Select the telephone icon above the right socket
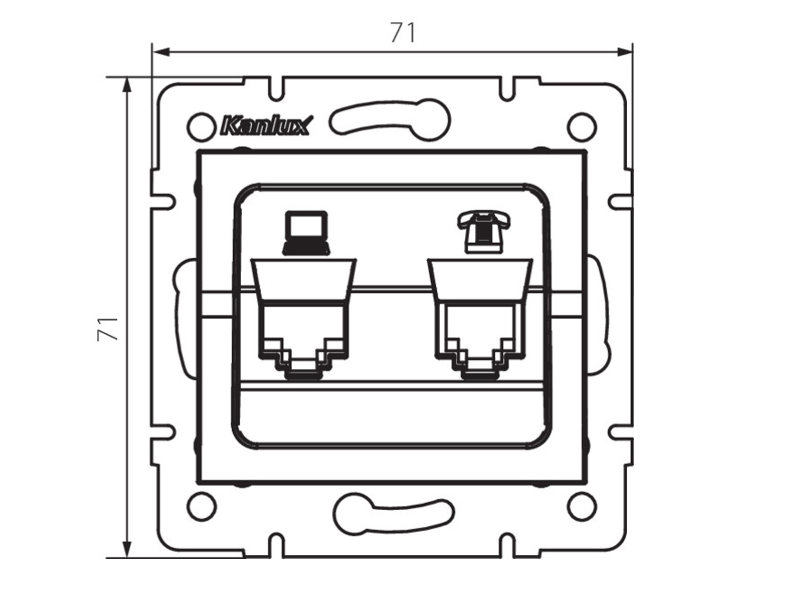[x=483, y=231]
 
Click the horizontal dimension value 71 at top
[x=402, y=33]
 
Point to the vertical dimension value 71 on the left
[x=108, y=328]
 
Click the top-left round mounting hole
[x=201, y=126]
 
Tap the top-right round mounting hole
[x=582, y=126]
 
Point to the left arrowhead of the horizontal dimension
[x=161, y=53]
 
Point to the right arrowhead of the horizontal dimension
[x=624, y=53]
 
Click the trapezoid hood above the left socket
[x=304, y=280]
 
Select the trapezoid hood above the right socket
[x=480, y=280]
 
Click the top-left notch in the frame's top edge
[x=276, y=87]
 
